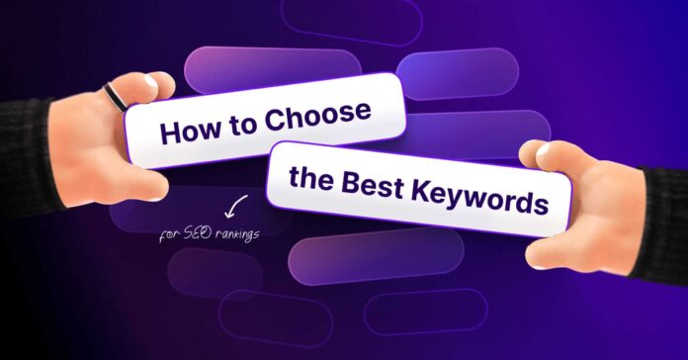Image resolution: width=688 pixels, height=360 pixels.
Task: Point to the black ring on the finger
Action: [115, 97]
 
